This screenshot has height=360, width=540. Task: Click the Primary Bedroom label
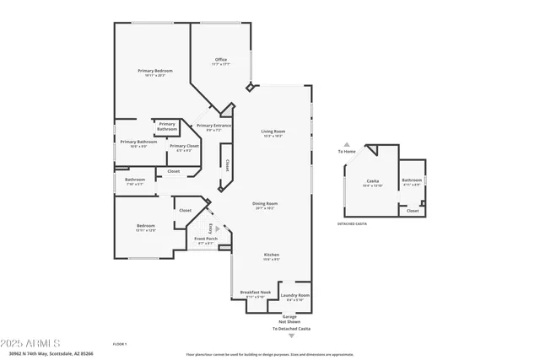[x=155, y=71]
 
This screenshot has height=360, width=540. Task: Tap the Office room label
[x=221, y=60]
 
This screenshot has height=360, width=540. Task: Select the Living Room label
[x=273, y=132]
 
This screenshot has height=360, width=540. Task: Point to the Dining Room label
[x=265, y=203]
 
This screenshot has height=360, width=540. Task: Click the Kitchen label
[x=272, y=255]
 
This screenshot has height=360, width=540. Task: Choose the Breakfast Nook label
[x=258, y=293]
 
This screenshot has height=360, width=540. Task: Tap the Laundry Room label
[x=295, y=295]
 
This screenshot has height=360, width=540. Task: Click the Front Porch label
[x=207, y=239]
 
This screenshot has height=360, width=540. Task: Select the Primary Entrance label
[x=213, y=126]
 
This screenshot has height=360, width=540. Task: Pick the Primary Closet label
[x=184, y=146]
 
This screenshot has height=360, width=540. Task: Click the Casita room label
[x=372, y=181]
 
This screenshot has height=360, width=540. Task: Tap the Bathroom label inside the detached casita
[x=412, y=180]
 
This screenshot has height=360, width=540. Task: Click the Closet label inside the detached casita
[x=412, y=211]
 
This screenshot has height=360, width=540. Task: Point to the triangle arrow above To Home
[x=346, y=144]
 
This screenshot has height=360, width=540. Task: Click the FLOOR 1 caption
[x=121, y=344]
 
